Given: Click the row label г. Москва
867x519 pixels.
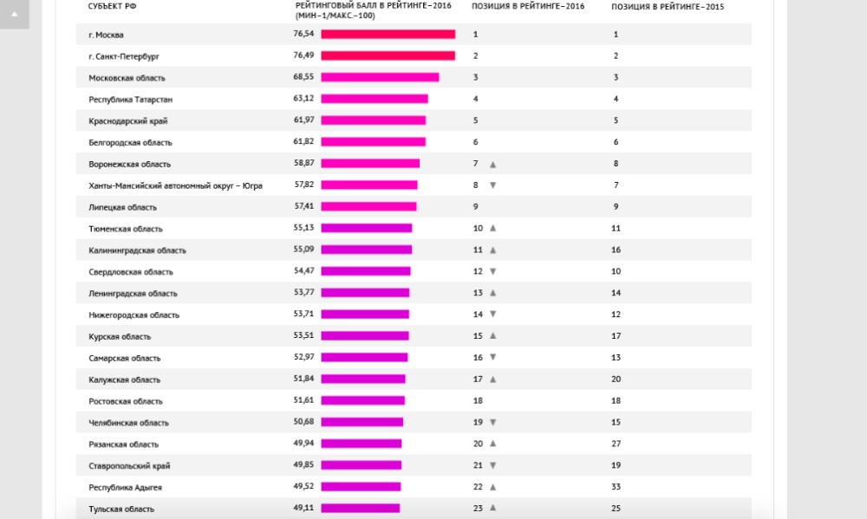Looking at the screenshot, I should (107, 35).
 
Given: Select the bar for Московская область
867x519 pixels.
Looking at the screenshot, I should (380, 77).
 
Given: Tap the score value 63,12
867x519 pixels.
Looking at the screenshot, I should (303, 98).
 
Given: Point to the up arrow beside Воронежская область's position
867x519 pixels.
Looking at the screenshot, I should (492, 164).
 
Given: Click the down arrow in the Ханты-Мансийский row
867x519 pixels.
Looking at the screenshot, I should (492, 185).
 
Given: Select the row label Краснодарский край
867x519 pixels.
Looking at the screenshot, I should (127, 120).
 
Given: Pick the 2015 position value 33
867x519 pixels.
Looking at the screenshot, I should (616, 487).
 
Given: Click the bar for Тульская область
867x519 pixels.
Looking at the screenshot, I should (361, 508).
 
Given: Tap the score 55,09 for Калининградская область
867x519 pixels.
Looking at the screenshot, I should (303, 249).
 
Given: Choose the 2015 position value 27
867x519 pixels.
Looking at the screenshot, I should (616, 444).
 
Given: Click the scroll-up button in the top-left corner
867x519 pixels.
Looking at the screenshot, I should (14, 14).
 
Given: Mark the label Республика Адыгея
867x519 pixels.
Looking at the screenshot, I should (125, 487).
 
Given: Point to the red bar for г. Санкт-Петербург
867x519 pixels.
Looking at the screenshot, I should (388, 55).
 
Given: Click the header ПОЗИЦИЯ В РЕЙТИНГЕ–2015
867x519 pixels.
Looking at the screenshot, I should (668, 6).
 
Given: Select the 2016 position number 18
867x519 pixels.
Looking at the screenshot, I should (478, 401).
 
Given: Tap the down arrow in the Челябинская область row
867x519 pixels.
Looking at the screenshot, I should (492, 423).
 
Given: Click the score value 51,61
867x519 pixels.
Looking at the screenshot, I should (303, 399).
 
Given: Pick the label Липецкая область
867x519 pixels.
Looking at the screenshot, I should (122, 207).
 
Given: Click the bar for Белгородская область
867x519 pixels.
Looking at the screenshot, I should (373, 141).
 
